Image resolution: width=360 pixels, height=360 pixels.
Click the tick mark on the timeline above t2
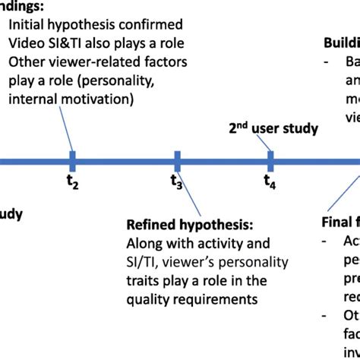pos(72,160)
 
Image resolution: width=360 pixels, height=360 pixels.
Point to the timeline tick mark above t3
pos(176,160)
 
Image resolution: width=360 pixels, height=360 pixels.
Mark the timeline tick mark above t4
pos(270,160)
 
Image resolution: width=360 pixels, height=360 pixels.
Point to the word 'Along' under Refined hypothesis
pos(144,244)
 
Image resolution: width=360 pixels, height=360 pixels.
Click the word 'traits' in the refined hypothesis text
pos(143,280)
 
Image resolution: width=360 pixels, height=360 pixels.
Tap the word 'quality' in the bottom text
pos(147,298)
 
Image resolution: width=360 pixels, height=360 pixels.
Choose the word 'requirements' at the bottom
pos(208,298)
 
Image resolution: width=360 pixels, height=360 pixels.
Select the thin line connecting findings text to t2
pos(62,129)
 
